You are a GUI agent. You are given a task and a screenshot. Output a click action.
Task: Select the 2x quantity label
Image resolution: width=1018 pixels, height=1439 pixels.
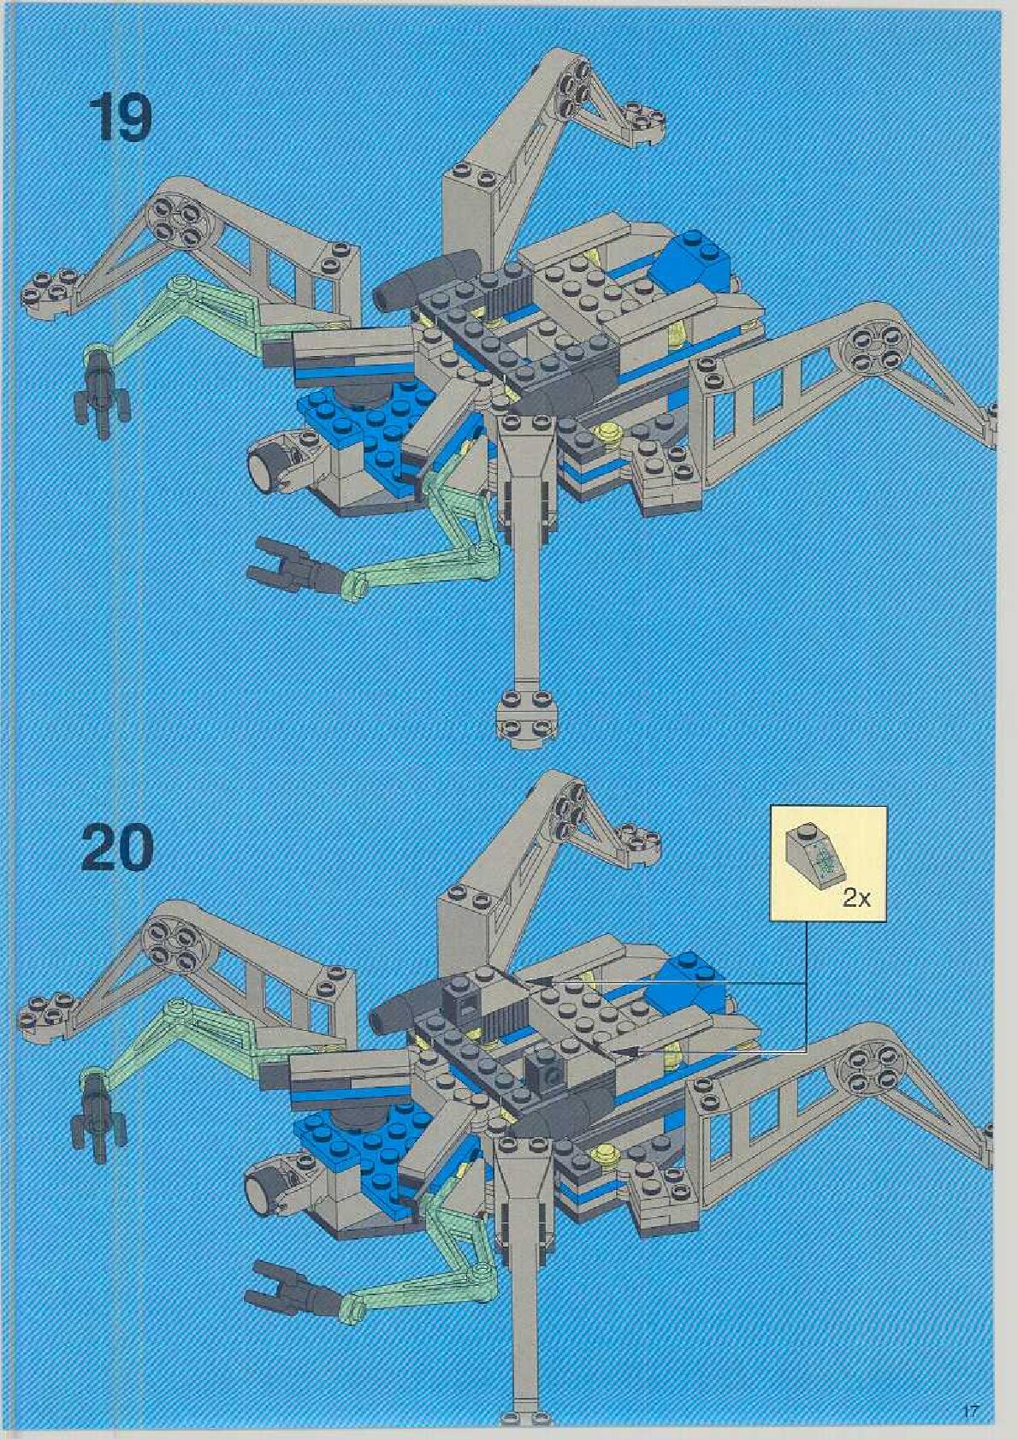(855, 897)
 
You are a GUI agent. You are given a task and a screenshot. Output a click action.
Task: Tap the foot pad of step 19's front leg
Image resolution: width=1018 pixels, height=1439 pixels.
(524, 714)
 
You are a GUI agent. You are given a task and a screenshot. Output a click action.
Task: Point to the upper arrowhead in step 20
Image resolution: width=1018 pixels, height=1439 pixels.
(534, 983)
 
